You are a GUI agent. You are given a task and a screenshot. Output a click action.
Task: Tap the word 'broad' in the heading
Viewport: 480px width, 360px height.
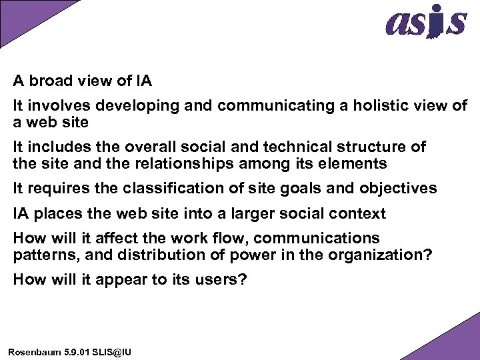(x=50, y=82)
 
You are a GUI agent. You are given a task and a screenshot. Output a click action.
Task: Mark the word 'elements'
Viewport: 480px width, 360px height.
(x=357, y=164)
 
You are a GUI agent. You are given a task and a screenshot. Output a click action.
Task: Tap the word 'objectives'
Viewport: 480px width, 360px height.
(x=398, y=189)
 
